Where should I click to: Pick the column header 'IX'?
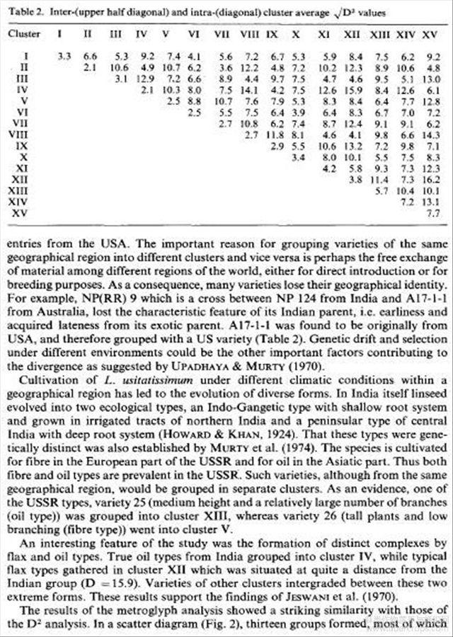coord(277,33)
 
